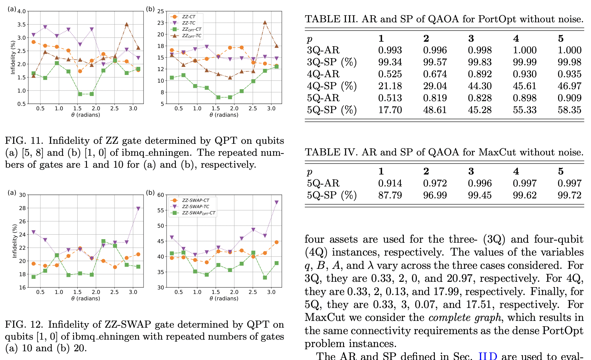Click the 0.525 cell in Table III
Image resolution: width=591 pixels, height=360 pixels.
(x=390, y=74)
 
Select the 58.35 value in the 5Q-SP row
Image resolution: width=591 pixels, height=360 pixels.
(x=569, y=110)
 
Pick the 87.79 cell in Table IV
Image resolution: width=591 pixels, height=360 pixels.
(x=390, y=195)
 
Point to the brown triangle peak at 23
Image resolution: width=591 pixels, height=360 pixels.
(x=265, y=23)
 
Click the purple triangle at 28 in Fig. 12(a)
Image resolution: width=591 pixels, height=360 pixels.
(x=138, y=208)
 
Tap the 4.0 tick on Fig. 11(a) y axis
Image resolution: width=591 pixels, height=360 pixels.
(x=21, y=12)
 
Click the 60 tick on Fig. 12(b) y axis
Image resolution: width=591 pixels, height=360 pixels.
(x=161, y=195)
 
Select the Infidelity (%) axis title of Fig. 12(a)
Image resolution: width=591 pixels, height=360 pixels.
(x=14, y=241)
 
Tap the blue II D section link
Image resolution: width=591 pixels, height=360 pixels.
(x=488, y=356)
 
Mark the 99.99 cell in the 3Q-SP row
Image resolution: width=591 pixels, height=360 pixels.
(x=524, y=62)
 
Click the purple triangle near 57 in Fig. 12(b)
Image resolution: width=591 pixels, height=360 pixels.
(x=276, y=202)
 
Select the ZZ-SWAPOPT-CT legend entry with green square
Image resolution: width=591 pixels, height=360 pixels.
(x=198, y=213)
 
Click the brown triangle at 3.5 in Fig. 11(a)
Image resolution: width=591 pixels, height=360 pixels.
(x=127, y=24)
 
